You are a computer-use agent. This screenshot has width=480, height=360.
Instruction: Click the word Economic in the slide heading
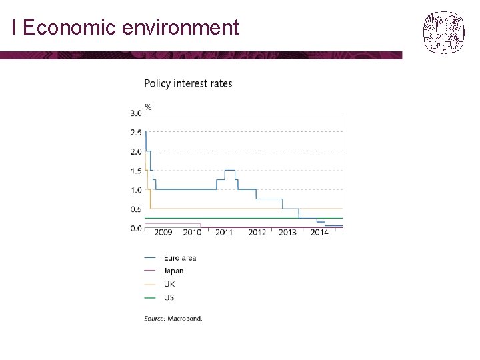coord(69,27)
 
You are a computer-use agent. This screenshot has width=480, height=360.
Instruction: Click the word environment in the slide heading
coord(180,27)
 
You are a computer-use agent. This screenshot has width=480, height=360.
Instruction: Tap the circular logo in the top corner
coord(443,33)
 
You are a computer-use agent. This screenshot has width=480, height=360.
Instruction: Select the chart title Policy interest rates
coord(188,83)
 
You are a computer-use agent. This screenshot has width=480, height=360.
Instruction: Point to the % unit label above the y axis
coord(149,107)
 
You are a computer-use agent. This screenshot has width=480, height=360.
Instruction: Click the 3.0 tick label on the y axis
coord(136,113)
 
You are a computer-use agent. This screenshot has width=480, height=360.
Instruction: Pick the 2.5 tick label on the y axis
coord(136,133)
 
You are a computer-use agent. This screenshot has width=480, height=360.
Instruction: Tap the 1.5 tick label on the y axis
coord(136,171)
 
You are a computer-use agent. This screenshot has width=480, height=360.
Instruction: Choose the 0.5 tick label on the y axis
coord(136,209)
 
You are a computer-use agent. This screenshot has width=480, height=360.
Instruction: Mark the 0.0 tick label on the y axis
coord(136,229)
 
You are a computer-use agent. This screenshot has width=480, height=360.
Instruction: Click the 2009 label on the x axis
coord(163,233)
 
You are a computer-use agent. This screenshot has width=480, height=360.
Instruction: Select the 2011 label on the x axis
coord(224,233)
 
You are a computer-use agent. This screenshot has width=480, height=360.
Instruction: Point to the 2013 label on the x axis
coord(287,233)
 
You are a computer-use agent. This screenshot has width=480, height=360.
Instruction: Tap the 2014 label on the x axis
coord(319,233)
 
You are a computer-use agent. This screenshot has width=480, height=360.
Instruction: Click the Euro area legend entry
coord(170,258)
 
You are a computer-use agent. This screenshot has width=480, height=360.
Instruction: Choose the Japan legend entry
coord(164,271)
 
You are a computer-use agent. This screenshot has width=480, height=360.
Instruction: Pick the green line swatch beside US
coord(150,297)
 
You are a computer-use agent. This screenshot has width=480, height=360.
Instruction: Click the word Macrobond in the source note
coord(185,319)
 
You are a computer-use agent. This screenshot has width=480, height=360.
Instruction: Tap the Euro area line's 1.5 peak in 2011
coord(230,170)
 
